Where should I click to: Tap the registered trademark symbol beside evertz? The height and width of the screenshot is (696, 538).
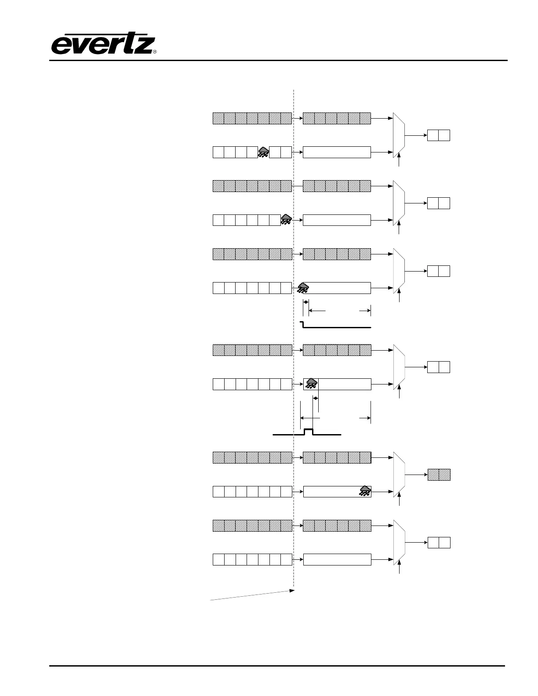155,52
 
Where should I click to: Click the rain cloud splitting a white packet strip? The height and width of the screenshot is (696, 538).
263,152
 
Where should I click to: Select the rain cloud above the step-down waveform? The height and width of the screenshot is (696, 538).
303,288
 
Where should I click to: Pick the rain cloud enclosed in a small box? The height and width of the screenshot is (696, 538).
311,384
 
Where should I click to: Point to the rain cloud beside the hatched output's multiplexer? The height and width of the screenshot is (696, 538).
365,491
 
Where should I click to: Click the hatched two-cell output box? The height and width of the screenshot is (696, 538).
439,475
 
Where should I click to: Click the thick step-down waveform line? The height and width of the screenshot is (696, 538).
336,327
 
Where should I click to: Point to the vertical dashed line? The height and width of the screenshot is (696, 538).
293,334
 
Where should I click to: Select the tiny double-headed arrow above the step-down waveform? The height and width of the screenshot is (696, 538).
306,302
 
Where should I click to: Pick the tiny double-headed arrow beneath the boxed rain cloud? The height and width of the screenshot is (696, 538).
315,397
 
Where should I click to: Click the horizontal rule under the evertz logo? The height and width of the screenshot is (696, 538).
278,60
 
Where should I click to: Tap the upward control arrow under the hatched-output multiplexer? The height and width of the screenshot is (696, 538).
400,500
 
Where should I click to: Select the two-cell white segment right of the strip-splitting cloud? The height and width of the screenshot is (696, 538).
280,152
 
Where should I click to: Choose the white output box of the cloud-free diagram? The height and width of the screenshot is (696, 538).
439,543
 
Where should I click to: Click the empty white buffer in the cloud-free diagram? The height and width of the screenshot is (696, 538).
337,559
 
